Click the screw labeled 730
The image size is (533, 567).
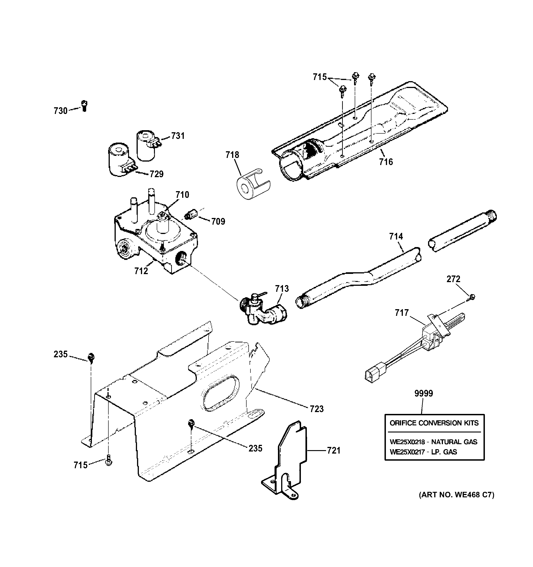click(84, 106)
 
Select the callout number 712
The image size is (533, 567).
click(141, 271)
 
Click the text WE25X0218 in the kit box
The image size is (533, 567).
click(407, 442)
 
